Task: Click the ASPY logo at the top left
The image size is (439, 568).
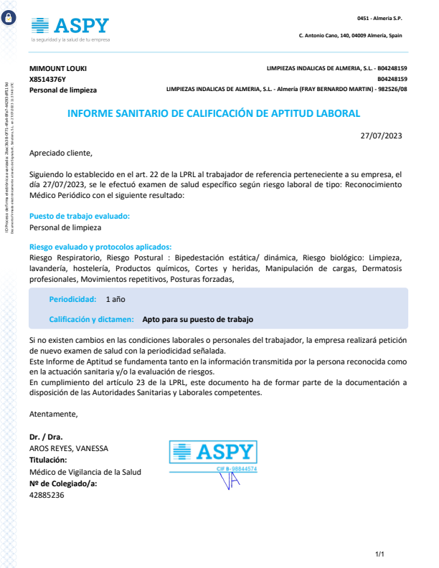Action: coord(70,27)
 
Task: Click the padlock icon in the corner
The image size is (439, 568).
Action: coord(9,19)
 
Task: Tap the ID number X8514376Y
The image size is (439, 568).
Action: coord(47,79)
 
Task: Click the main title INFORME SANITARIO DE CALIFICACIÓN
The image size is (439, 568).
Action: coord(214,113)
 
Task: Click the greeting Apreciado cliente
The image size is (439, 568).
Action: coord(61,153)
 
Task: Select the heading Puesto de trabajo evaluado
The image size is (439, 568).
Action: coord(80,216)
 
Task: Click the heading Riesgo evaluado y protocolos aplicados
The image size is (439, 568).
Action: coord(100,246)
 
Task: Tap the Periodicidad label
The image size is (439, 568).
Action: coord(72,298)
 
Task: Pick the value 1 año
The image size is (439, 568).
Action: coord(115,298)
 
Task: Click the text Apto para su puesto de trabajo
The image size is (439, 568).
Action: coord(197,319)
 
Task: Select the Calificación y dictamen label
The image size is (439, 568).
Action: coord(91,319)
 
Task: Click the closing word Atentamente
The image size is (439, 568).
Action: coord(53,414)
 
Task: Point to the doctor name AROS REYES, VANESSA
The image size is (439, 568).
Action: coord(69,448)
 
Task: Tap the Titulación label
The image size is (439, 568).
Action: coord(48,460)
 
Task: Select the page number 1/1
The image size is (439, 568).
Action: coord(380,554)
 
